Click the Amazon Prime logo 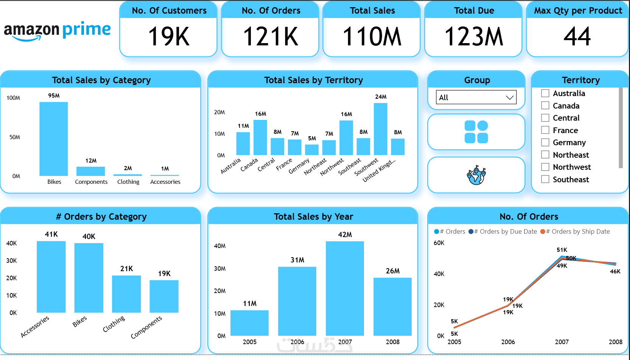(57, 31)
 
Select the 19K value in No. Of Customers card (169, 37)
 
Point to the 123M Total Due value (474, 37)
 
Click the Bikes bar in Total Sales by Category (54, 139)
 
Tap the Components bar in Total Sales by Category (90, 171)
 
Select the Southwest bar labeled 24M (380, 129)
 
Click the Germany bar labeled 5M (312, 150)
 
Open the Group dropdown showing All (476, 98)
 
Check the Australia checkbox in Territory (545, 93)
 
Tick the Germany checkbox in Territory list (545, 143)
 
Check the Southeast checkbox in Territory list (545, 179)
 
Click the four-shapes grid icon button (476, 132)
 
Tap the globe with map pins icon (476, 175)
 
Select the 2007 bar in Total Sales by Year (345, 289)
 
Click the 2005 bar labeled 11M (249, 323)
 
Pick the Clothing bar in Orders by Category (126, 294)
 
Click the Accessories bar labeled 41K (51, 277)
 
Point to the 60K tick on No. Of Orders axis (439, 243)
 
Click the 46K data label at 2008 (615, 272)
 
